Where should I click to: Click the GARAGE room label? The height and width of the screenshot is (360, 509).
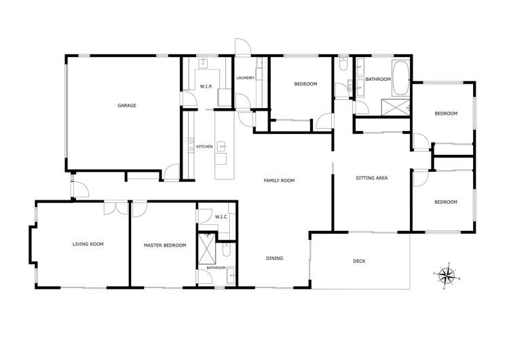coord(127,105)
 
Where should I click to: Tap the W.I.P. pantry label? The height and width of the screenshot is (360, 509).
coord(206,86)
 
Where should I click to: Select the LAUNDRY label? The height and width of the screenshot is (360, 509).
coord(245,78)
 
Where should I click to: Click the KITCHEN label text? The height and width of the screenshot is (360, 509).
coord(205,147)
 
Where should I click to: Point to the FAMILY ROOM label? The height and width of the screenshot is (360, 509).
coord(279,180)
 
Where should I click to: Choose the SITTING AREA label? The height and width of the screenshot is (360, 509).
coord(371,179)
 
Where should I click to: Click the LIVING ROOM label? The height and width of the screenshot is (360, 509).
coord(88,244)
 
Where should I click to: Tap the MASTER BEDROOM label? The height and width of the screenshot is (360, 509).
coord(164,245)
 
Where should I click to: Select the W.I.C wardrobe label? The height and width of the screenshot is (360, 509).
coord(221,217)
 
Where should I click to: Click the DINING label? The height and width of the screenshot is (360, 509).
coord(274,258)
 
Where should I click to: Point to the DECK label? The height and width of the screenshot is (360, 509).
coord(359,261)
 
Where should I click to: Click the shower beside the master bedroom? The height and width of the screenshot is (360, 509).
coord(205,249)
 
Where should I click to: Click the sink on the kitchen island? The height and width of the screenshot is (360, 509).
coord(222,145)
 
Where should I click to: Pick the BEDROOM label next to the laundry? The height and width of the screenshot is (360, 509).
coord(305,84)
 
